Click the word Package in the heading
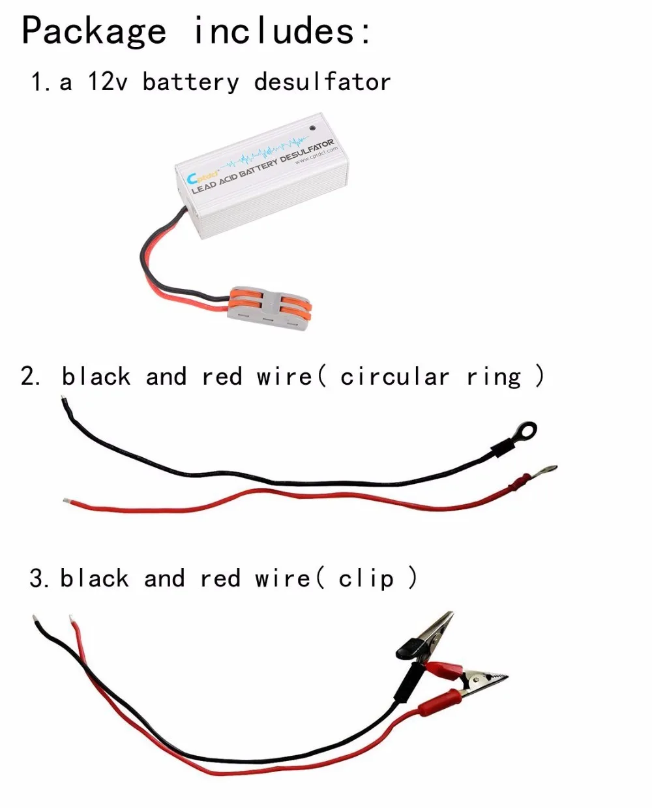click(x=94, y=32)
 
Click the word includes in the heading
click(x=274, y=31)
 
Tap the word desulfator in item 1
click(x=322, y=82)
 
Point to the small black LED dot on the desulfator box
click(x=313, y=127)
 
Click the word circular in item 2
click(x=394, y=376)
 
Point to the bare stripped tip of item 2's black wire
click(x=66, y=405)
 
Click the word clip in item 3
click(x=366, y=579)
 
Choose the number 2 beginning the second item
click(x=28, y=376)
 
